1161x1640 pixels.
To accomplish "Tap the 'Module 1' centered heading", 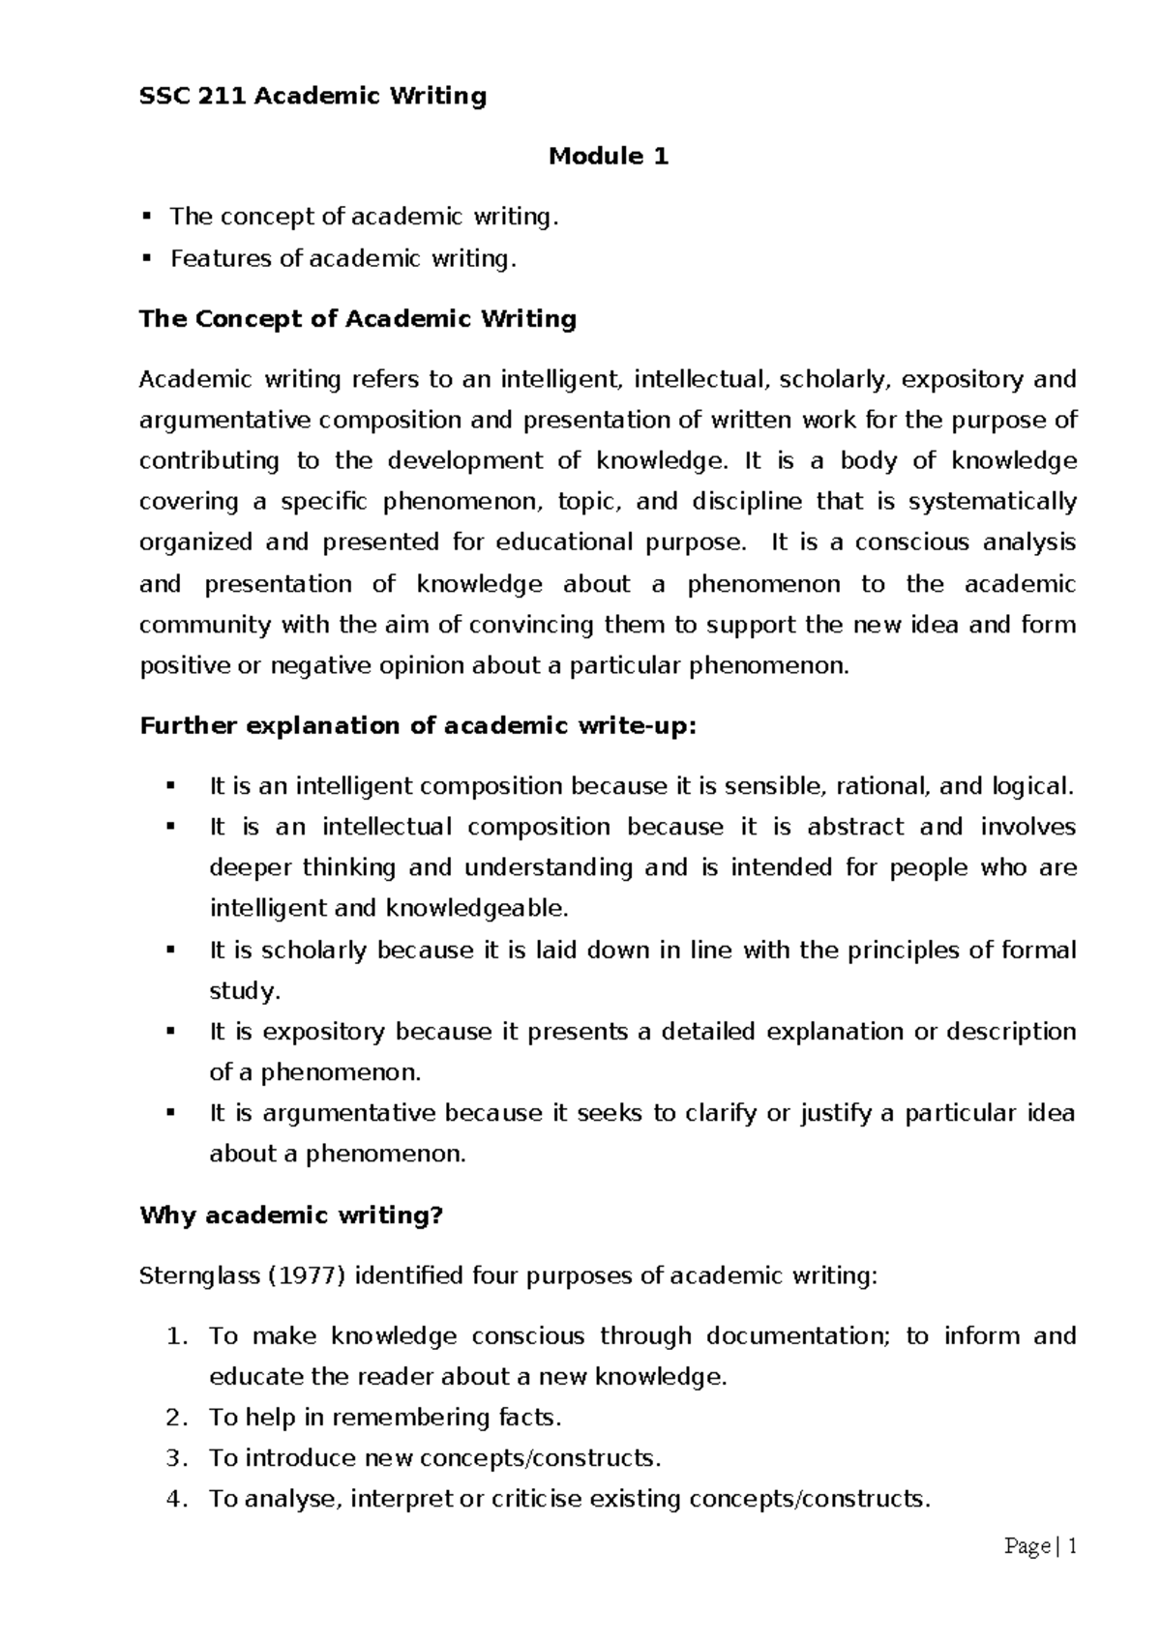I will click(609, 156).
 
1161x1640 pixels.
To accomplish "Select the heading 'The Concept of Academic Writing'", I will click(358, 318).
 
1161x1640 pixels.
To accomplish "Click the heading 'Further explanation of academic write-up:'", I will click(418, 725).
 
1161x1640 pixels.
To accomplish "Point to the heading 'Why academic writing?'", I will click(290, 1215).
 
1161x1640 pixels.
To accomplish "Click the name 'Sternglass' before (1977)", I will click(193, 1275).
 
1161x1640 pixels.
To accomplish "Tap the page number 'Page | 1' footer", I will click(1040, 1546).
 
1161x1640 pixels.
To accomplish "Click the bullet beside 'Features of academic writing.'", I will click(147, 258).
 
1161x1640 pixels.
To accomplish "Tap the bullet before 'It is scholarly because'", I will click(172, 950).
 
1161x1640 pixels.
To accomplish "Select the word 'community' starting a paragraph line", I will click(205, 624).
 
